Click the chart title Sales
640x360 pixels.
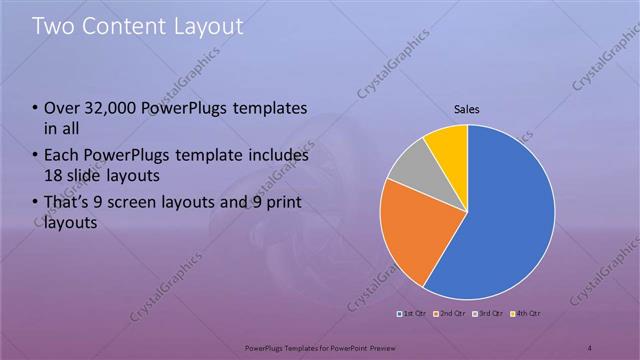(x=467, y=109)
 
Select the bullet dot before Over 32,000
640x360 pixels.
(x=36, y=108)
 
